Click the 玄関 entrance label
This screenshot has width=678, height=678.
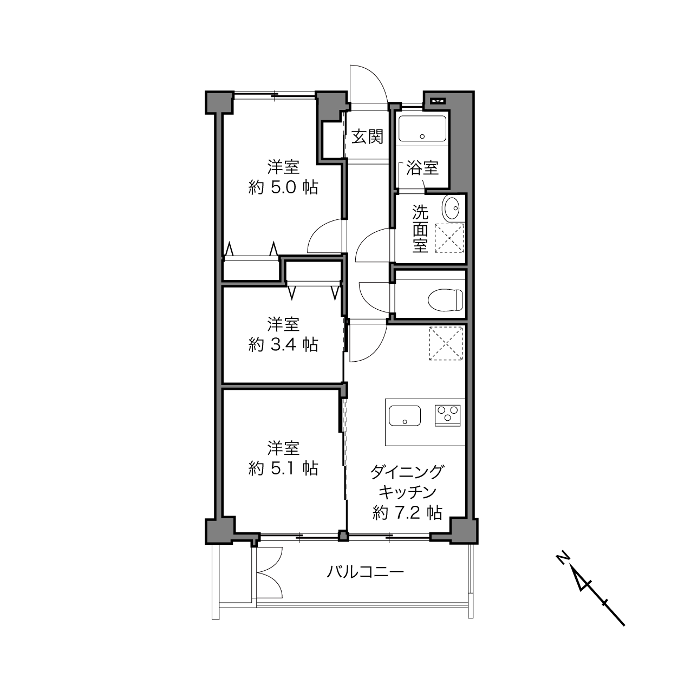(x=367, y=136)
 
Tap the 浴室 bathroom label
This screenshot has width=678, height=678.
(x=422, y=168)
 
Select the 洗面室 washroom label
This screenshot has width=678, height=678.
(x=420, y=229)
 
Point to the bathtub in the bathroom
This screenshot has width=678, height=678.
(x=422, y=129)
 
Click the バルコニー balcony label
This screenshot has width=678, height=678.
(x=365, y=572)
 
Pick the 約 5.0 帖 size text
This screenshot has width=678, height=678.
(x=283, y=188)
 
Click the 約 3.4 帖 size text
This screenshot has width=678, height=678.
(x=283, y=344)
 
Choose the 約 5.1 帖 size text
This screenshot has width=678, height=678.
(x=283, y=468)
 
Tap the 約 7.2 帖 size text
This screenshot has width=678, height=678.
(x=407, y=512)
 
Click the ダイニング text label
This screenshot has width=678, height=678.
(x=407, y=472)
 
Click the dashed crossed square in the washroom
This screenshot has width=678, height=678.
(x=450, y=238)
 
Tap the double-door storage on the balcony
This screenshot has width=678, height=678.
(x=269, y=572)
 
